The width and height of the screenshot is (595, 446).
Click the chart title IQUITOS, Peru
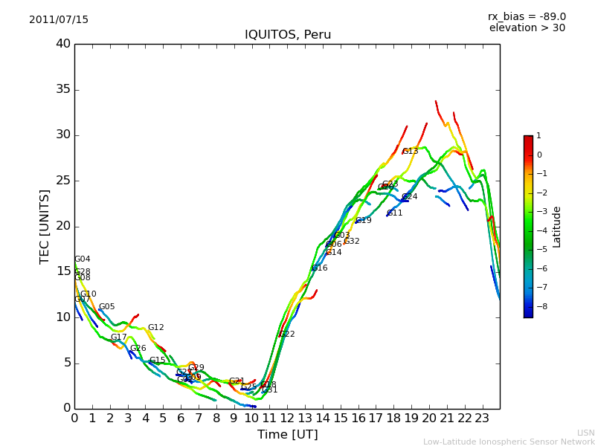(x=288, y=35)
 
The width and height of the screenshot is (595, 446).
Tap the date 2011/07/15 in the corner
(x=59, y=20)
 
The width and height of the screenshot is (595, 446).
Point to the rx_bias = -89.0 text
(x=527, y=17)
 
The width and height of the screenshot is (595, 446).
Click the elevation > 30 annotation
(x=527, y=28)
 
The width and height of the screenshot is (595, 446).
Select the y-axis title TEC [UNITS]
(x=45, y=226)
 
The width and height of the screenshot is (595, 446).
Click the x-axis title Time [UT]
(x=287, y=434)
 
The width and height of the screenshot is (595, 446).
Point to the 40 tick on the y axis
(x=63, y=44)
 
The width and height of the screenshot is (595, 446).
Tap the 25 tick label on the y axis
(x=63, y=181)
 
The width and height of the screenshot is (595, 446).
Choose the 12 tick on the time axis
(x=287, y=418)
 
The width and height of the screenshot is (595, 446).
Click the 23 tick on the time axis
(x=482, y=418)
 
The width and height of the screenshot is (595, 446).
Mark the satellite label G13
(x=411, y=152)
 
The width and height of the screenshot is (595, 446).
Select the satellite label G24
(x=410, y=197)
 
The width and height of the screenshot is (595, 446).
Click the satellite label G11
(x=395, y=213)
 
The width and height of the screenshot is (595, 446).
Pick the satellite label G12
(x=156, y=328)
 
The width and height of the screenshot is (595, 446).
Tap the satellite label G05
(x=107, y=307)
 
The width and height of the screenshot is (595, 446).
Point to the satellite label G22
(x=287, y=334)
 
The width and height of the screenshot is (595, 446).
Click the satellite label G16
(x=320, y=268)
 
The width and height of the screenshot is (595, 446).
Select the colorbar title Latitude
(x=557, y=227)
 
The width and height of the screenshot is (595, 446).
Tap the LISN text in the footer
(x=586, y=433)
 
